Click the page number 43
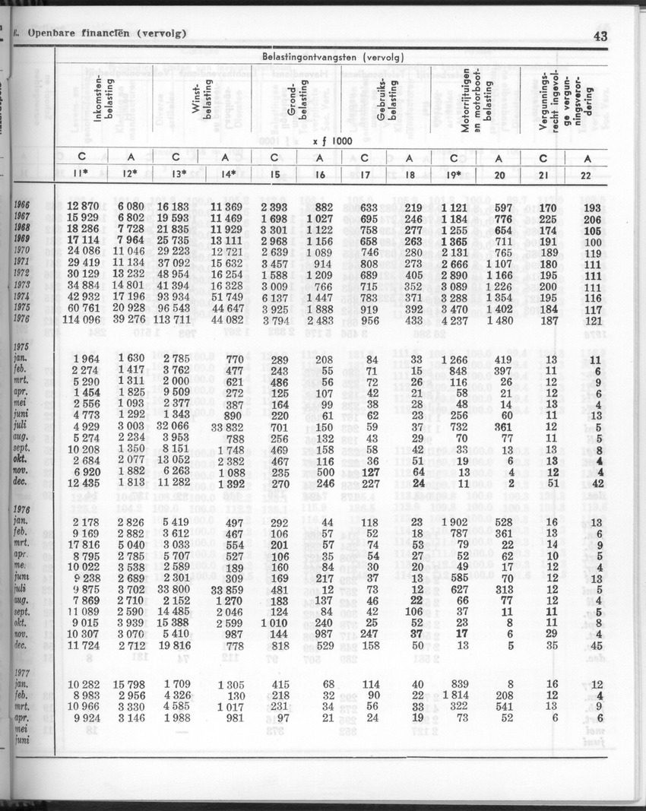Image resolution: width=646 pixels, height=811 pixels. pyautogui.click(x=600, y=35)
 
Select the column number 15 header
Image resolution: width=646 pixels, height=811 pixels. pyautogui.click(x=275, y=175)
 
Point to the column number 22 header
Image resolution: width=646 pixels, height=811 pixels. pyautogui.click(x=587, y=175)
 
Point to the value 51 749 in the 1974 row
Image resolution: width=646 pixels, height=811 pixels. pyautogui.click(x=223, y=296)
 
